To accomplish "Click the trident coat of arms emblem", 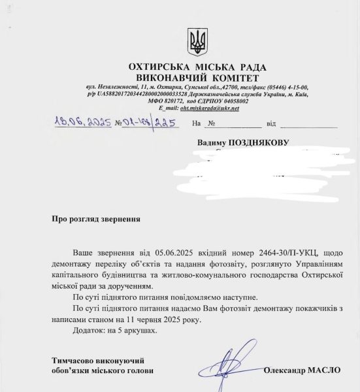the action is point(197,42).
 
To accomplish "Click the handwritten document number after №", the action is point(150,122).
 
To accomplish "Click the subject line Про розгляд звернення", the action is point(95,221).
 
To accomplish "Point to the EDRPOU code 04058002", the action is point(228,101).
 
